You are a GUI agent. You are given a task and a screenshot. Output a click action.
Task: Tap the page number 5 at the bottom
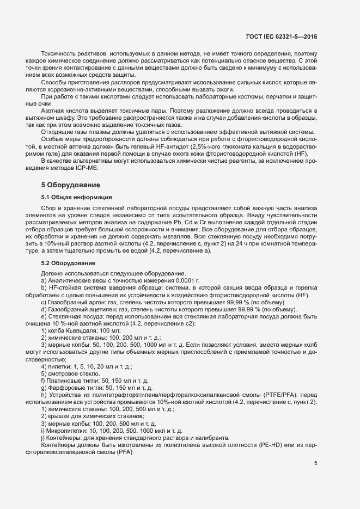315,463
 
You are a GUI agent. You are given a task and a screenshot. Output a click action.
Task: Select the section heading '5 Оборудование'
70,185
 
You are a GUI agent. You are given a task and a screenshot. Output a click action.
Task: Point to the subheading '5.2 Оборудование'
68,263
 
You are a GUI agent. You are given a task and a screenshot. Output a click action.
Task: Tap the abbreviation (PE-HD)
278,445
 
